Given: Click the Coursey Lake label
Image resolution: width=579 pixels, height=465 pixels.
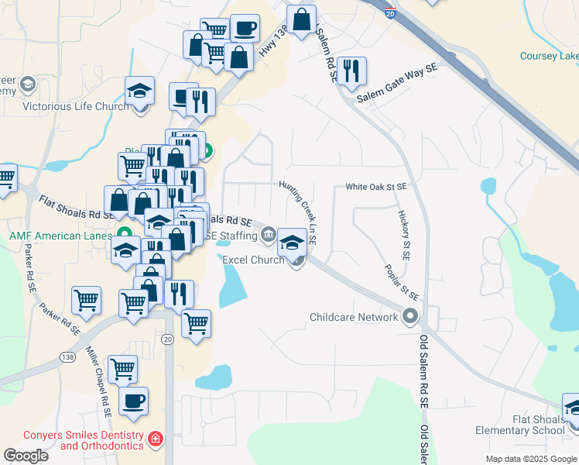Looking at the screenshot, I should (x=549, y=57).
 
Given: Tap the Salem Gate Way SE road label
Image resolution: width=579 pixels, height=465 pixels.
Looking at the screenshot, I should (x=397, y=84).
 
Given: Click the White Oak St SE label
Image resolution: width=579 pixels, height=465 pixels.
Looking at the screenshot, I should (x=375, y=187).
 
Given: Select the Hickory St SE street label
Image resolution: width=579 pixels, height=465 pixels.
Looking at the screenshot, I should (x=403, y=233).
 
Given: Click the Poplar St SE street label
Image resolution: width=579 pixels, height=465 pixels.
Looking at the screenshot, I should (x=403, y=282).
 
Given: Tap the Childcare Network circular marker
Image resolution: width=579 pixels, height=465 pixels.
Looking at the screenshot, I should (x=409, y=316).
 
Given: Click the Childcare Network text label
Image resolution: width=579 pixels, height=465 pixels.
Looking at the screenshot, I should (x=353, y=317).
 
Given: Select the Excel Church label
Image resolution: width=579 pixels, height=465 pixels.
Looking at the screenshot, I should (x=253, y=260).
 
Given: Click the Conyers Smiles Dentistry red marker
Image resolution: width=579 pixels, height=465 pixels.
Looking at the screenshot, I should (x=156, y=439).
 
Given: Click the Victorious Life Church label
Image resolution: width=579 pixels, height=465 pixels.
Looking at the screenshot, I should (x=75, y=106).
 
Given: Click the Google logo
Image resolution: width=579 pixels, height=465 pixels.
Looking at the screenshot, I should (x=26, y=455).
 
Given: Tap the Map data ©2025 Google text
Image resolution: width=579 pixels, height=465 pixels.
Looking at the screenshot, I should (x=530, y=459).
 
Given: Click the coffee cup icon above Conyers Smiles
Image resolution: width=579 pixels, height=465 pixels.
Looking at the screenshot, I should (x=134, y=401).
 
